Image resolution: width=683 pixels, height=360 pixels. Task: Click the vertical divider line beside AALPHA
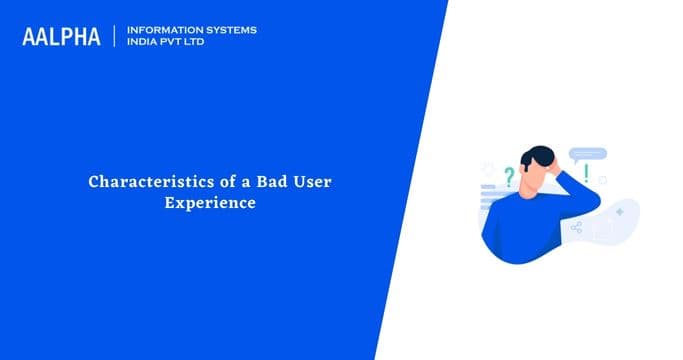116,37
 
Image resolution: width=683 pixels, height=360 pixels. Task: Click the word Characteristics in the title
140,183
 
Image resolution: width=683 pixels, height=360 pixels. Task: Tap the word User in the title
302,183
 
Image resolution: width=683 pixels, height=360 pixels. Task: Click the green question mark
508,177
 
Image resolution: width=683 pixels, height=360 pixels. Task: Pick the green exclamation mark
586,173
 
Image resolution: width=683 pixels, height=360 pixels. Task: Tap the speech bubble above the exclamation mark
587,155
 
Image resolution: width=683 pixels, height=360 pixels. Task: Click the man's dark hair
540,157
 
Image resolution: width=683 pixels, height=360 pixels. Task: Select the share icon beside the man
576,227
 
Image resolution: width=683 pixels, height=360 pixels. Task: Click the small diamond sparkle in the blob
620,211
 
